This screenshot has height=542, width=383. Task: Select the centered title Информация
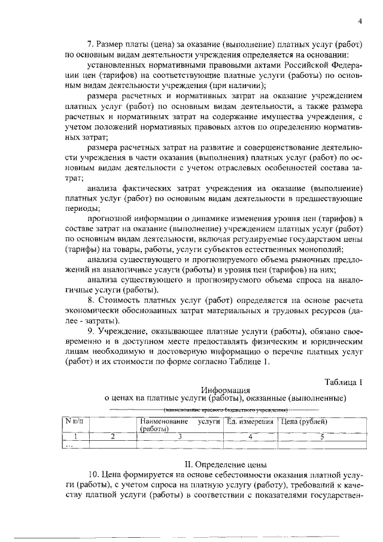coord(225,389)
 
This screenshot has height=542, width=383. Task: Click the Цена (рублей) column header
coord(304,422)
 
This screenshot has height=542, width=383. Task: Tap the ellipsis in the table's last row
coord(70,445)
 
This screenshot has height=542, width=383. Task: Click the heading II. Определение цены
coord(225,464)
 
